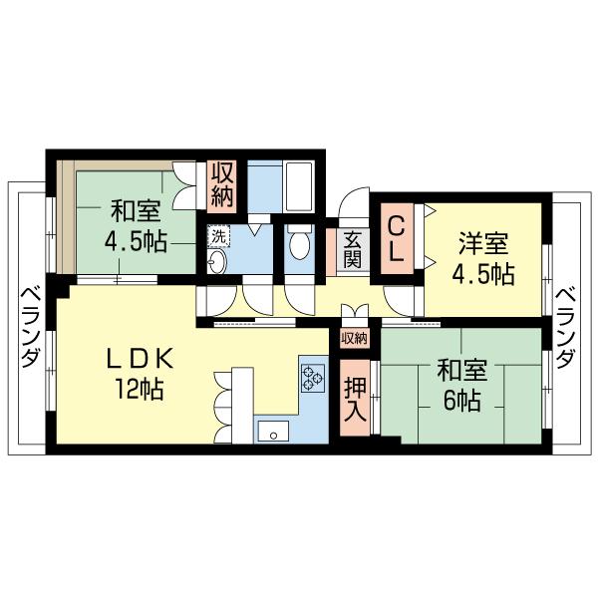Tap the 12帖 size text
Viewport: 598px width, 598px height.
(141, 390)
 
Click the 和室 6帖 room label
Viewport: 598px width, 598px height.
(461, 385)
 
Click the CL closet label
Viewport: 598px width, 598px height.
(397, 236)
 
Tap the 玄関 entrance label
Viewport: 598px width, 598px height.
(353, 251)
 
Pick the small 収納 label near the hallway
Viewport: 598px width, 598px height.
(354, 339)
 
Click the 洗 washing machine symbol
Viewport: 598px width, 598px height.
(218, 237)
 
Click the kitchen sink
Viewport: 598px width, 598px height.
(273, 430)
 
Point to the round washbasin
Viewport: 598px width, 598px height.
(217, 263)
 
